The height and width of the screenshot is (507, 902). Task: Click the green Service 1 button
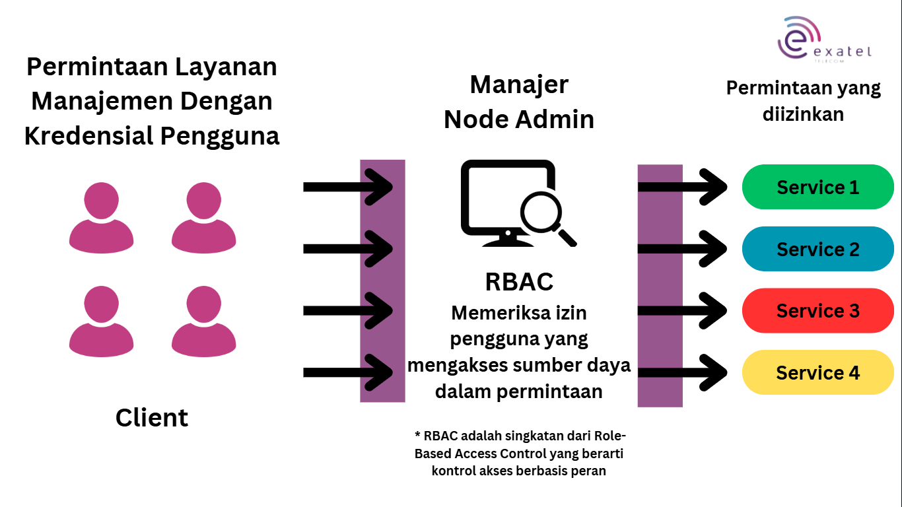tap(817, 187)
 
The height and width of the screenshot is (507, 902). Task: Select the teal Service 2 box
tap(817, 250)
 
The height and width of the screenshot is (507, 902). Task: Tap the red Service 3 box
tap(817, 311)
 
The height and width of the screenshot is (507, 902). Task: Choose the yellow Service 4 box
tap(817, 373)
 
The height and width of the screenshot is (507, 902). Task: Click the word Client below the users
tap(152, 418)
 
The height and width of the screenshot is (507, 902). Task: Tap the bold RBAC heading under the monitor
tap(519, 282)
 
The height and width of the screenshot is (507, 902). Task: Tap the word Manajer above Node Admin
tap(519, 85)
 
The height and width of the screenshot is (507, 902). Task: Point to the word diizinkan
tap(803, 114)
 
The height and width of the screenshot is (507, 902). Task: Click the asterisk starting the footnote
tap(417, 436)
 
